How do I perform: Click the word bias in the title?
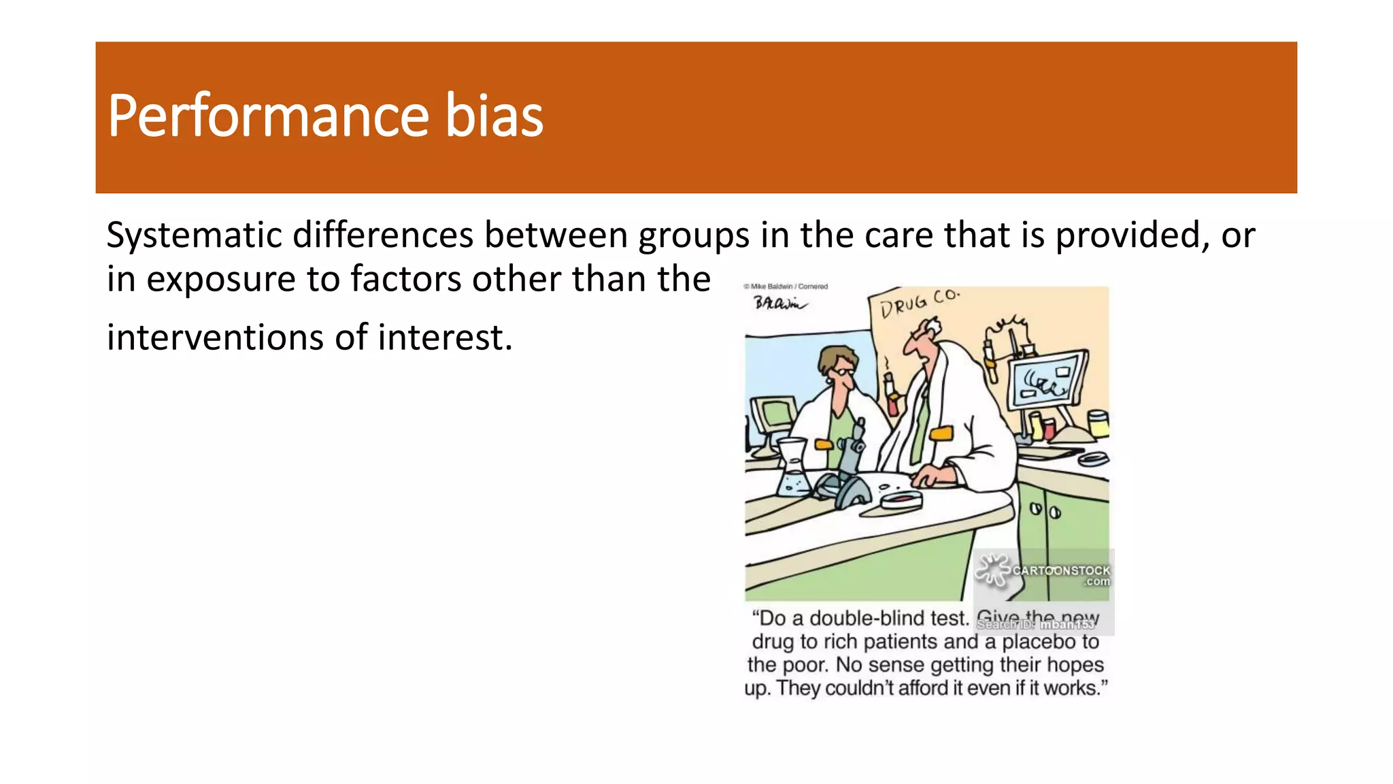click(494, 116)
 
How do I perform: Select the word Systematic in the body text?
click(194, 236)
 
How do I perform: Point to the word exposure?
click(221, 280)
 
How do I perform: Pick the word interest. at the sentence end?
click(445, 338)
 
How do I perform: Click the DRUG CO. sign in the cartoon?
click(919, 303)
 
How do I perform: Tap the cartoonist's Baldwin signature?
click(780, 303)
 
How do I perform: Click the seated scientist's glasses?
click(843, 372)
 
